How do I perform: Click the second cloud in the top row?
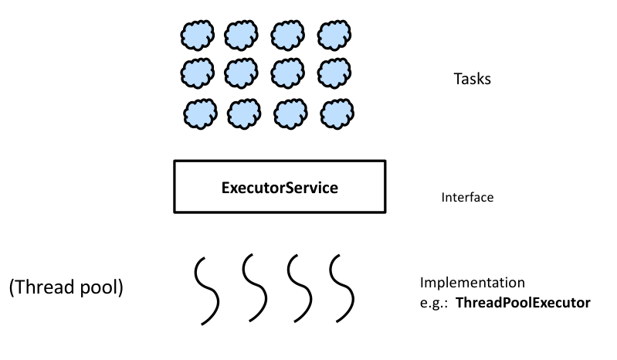[240, 34]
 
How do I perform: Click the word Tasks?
[472, 79]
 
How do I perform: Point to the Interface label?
[467, 198]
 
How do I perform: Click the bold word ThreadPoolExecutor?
[523, 302]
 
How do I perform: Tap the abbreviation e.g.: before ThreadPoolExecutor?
[434, 302]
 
